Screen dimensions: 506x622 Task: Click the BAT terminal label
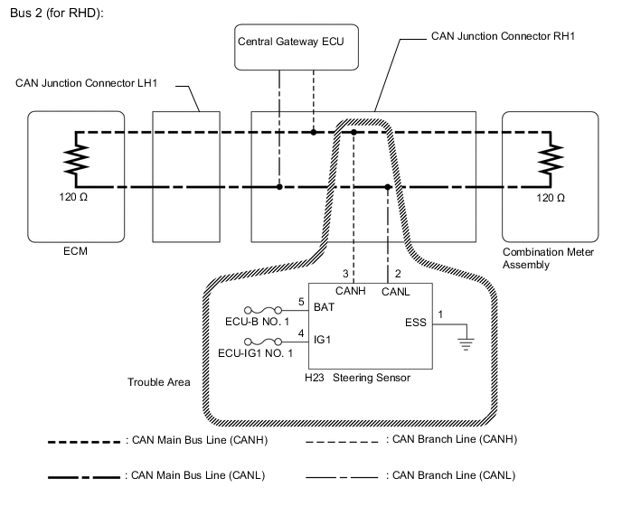point(325,308)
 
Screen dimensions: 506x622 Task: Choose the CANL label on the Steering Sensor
point(394,292)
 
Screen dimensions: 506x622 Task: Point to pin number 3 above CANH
point(344,274)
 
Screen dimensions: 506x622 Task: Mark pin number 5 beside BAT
point(302,301)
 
